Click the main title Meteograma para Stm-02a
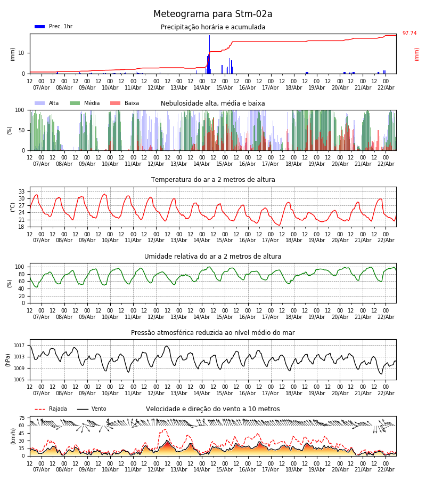pos(213,14)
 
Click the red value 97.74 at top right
pos(409,34)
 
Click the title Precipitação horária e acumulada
pos(213,27)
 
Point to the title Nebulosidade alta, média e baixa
pos(213,103)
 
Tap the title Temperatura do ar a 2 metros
pos(213,180)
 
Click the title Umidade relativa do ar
pos(213,257)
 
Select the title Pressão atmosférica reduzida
pos(213,333)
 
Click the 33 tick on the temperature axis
pos(22,191)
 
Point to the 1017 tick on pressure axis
pos(20,345)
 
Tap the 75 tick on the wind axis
pos(22,418)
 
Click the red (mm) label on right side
pos(417,54)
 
